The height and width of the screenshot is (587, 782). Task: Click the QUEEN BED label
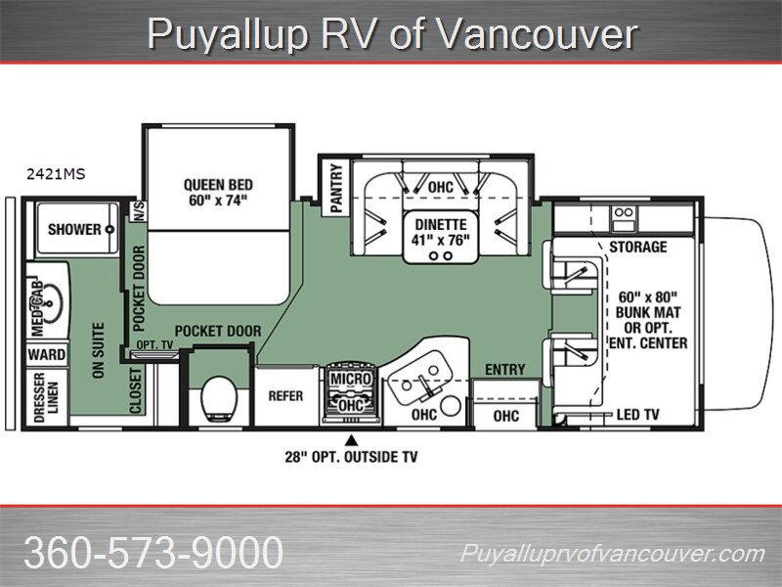pyautogui.click(x=218, y=185)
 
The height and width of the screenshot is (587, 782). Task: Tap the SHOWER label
pyautogui.click(x=74, y=230)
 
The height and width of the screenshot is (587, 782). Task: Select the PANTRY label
pyautogui.click(x=336, y=188)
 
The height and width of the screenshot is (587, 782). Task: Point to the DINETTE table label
pyautogui.click(x=441, y=225)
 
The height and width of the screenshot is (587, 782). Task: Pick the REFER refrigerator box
pyautogui.click(x=285, y=396)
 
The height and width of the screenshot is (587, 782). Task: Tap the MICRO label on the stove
pyautogui.click(x=352, y=379)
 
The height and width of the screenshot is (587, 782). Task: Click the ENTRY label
pyautogui.click(x=505, y=370)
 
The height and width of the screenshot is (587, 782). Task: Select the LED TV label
pyautogui.click(x=638, y=414)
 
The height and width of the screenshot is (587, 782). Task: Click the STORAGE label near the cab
pyautogui.click(x=638, y=247)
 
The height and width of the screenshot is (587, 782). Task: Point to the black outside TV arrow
pyautogui.click(x=352, y=439)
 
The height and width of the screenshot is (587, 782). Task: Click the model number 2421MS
pyautogui.click(x=56, y=174)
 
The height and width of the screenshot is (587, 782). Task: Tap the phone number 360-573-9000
pyautogui.click(x=153, y=552)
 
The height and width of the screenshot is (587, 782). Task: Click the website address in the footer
pyautogui.click(x=613, y=554)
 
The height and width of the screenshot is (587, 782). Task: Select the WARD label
pyautogui.click(x=46, y=355)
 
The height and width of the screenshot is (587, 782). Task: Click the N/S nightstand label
pyautogui.click(x=139, y=211)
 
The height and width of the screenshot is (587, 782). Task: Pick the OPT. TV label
pyautogui.click(x=154, y=345)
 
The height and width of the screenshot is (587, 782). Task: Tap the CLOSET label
pyautogui.click(x=136, y=390)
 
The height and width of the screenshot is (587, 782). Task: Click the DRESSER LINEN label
pyautogui.click(x=46, y=398)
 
